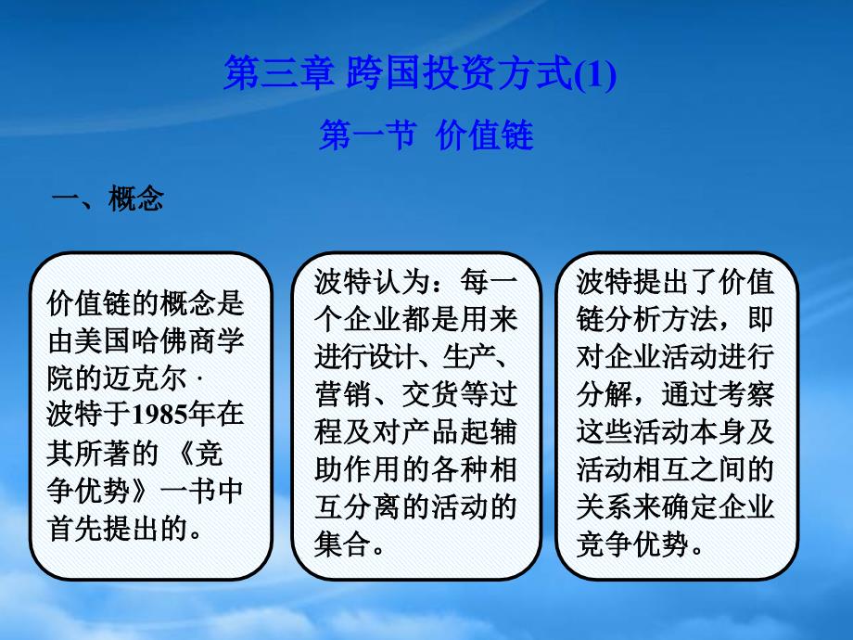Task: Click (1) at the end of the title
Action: coord(595,74)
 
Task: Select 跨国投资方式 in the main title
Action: coord(460,73)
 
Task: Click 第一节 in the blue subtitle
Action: coord(368,135)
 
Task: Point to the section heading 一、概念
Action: coord(108,198)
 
